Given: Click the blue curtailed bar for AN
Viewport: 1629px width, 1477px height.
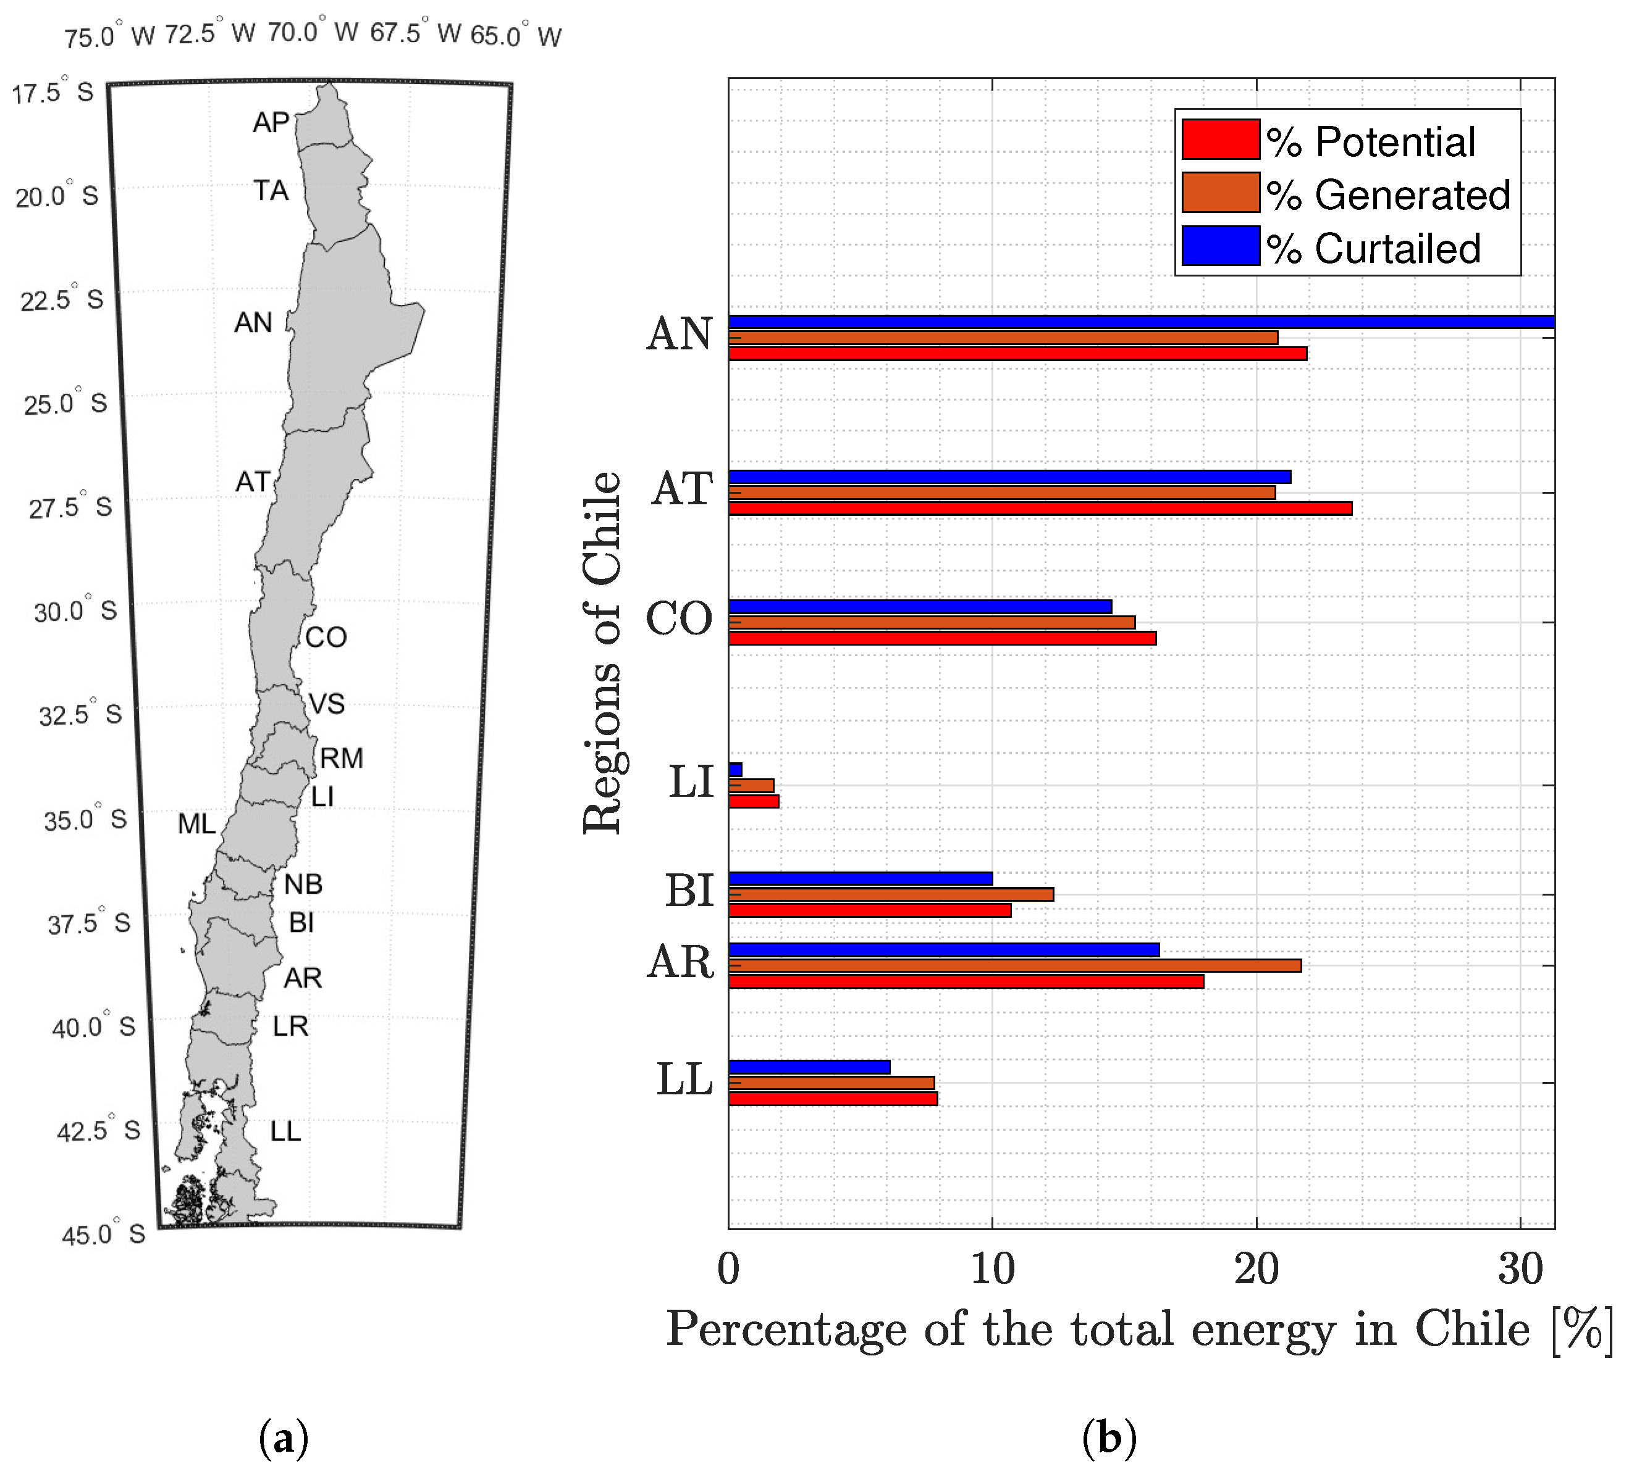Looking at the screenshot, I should point(1139,322).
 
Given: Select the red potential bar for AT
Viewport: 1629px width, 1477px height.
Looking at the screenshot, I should point(1039,509).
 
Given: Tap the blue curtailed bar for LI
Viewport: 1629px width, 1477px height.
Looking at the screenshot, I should point(735,770).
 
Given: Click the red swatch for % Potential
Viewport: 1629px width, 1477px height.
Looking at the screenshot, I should point(1220,139).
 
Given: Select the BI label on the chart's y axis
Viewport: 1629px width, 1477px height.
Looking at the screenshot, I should point(689,891).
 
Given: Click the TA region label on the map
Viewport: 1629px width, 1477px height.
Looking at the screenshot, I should point(271,191).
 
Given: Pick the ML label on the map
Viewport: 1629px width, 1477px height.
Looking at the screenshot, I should point(196,825).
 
